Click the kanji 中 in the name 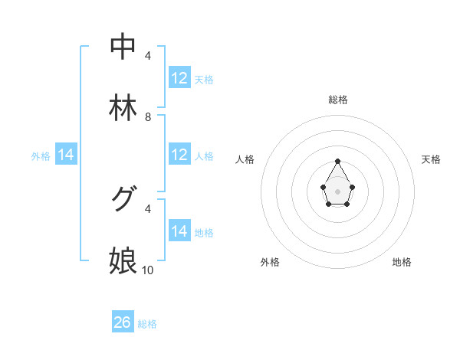123,47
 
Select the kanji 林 123,108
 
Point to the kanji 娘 123,260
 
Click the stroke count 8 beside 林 148,117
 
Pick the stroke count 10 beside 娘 148,270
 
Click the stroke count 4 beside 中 148,56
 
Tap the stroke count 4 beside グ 148,208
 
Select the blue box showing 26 123,322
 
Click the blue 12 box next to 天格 179,78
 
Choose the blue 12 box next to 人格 179,155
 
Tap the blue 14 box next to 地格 179,231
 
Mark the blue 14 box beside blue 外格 66,155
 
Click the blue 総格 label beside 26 147,324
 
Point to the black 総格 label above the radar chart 338,100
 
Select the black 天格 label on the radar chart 432,159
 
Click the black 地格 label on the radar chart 402,262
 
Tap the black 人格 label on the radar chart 245,159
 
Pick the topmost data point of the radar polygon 337,161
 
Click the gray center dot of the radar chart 337,190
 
